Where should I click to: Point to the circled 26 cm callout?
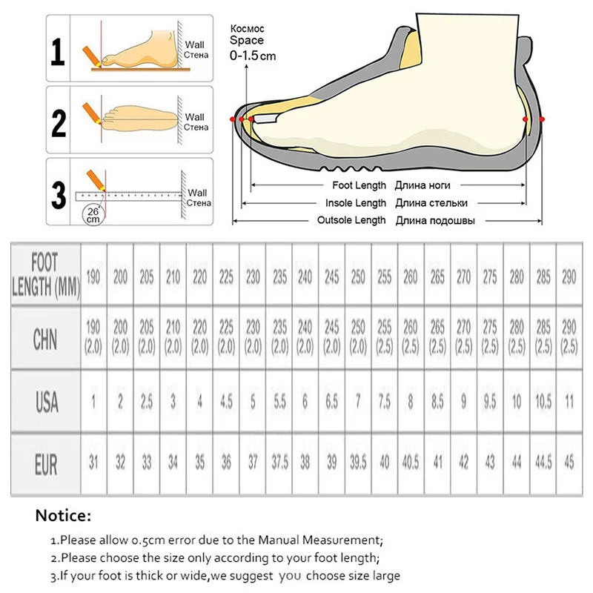pos(93,214)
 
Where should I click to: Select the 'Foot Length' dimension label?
pos(357,185)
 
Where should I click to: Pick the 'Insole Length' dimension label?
pos(357,203)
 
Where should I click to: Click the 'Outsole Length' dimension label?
pos(352,220)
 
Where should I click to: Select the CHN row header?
pos(45,339)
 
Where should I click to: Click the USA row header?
pos(45,401)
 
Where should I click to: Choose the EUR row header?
pos(45,463)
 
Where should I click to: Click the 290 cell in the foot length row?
pos(568,277)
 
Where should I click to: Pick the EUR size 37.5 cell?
pos(279,463)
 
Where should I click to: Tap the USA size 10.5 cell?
pos(543,401)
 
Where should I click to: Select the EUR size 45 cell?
pos(568,463)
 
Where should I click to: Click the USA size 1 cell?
pos(94,401)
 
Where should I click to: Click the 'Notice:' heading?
pos(64,514)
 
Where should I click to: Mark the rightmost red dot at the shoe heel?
pos(543,119)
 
